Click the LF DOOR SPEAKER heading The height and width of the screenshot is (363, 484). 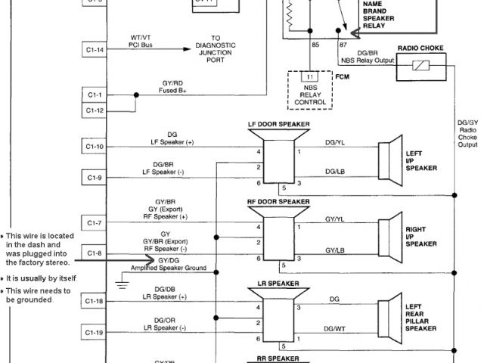click(278, 123)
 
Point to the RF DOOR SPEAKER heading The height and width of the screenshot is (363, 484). click(278, 202)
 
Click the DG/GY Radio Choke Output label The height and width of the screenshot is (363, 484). click(467, 132)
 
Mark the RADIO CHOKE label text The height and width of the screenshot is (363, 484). click(421, 48)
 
